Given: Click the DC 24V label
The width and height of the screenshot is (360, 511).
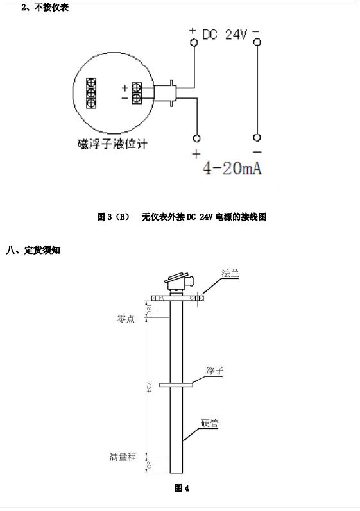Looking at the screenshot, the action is pyautogui.click(x=225, y=35).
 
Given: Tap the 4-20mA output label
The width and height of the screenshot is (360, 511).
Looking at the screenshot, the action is pyautogui.click(x=232, y=169).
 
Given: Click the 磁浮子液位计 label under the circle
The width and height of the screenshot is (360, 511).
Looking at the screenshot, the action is pyautogui.click(x=112, y=144).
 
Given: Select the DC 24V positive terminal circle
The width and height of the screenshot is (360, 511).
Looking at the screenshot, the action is pyautogui.click(x=194, y=42).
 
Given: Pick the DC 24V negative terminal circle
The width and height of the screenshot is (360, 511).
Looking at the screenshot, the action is pyautogui.click(x=257, y=42).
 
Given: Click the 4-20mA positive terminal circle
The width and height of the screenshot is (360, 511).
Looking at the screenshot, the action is pyautogui.click(x=196, y=138).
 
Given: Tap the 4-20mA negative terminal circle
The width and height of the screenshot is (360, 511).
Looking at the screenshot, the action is pyautogui.click(x=257, y=138).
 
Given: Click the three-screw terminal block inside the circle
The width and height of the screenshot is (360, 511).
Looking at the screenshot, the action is pyautogui.click(x=91, y=93).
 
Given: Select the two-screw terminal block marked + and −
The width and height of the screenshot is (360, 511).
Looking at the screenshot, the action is pyautogui.click(x=137, y=93).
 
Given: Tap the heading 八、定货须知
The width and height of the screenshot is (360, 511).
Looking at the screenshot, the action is pyautogui.click(x=33, y=250).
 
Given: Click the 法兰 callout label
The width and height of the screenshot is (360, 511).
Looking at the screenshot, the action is pyautogui.click(x=230, y=273).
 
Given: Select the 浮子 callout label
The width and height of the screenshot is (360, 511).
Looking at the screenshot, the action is pyautogui.click(x=214, y=371).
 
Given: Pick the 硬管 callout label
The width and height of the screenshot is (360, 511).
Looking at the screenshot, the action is pyautogui.click(x=209, y=423).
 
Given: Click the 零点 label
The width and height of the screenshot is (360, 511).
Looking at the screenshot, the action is pyautogui.click(x=126, y=319).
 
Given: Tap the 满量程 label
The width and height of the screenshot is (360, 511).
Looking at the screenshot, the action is pyautogui.click(x=123, y=457).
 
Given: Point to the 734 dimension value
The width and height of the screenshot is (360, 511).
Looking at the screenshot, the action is pyautogui.click(x=149, y=387).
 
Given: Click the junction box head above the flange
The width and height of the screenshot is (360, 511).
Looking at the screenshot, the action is pyautogui.click(x=179, y=282).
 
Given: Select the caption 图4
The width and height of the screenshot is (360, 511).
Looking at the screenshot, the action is pyautogui.click(x=182, y=488).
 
